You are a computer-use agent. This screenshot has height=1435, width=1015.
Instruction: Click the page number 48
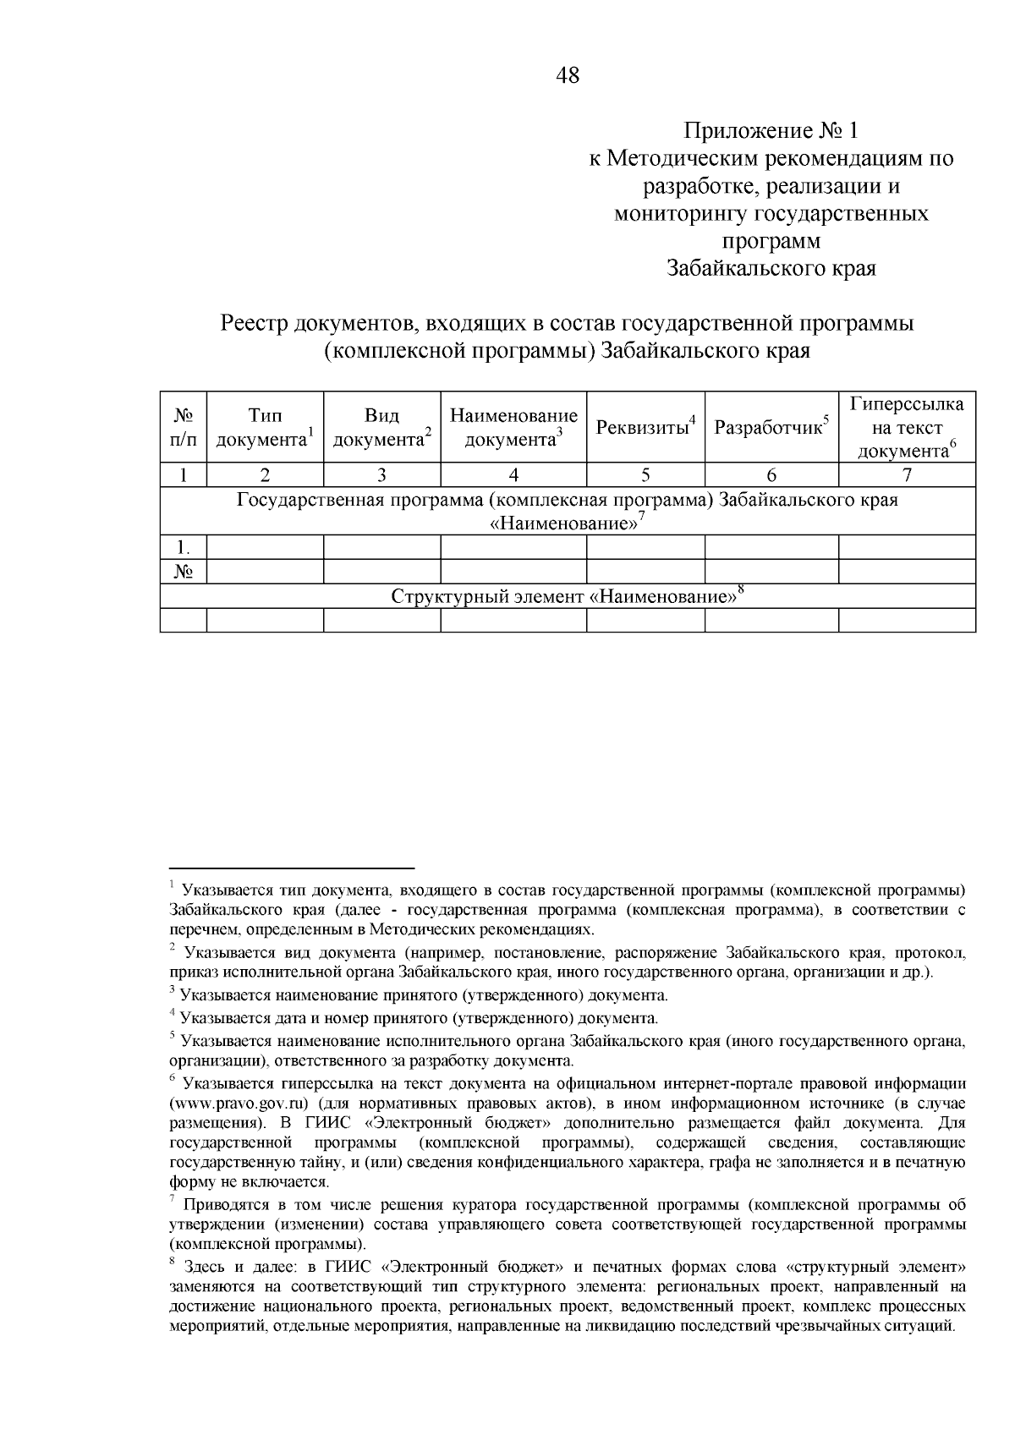(x=568, y=76)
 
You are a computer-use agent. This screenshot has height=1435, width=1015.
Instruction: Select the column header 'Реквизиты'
(x=645, y=427)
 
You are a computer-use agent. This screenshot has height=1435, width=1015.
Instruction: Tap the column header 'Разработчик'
(x=771, y=427)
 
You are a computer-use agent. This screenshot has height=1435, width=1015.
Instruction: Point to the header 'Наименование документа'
(x=513, y=427)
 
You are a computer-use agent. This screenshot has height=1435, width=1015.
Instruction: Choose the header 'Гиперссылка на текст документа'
(x=907, y=427)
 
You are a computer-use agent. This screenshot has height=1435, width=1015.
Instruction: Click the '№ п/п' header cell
(x=184, y=427)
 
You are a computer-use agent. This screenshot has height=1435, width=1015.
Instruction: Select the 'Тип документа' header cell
(x=265, y=427)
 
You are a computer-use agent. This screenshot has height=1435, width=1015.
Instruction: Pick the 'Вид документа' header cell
(x=381, y=427)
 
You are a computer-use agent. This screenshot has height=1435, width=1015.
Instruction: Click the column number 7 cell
(x=907, y=474)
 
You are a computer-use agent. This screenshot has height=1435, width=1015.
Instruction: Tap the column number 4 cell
(x=513, y=474)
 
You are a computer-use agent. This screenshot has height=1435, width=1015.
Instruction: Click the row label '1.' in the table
(x=184, y=547)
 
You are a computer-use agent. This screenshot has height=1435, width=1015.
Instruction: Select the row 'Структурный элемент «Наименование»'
(x=567, y=597)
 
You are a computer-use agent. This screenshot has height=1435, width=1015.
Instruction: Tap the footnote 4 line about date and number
(x=419, y=1018)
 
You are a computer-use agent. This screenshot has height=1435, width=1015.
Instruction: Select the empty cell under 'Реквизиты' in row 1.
(x=645, y=547)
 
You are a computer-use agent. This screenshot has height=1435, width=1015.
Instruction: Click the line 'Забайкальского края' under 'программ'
(x=771, y=269)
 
